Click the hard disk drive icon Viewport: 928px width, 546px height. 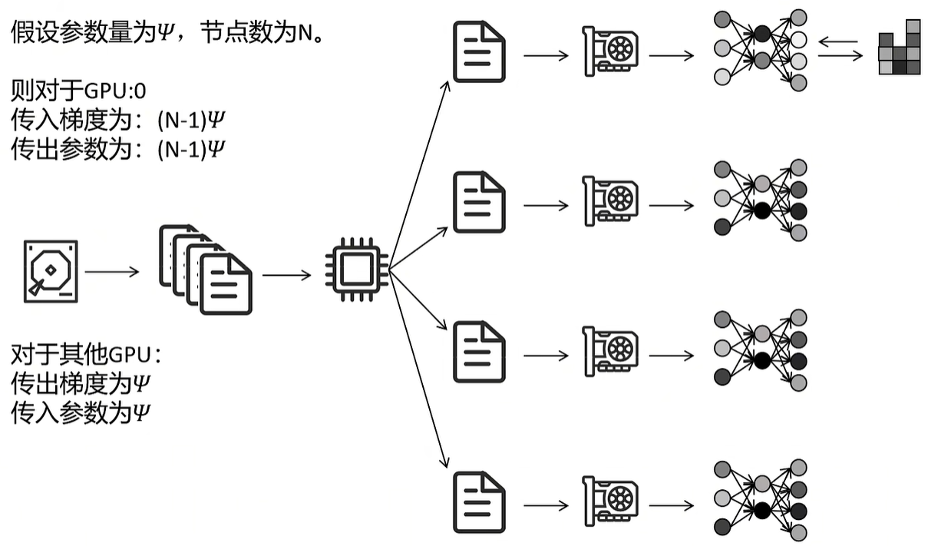51,270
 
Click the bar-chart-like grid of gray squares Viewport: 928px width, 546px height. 899,48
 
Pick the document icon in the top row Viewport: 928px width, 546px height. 479,51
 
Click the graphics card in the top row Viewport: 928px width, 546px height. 610,51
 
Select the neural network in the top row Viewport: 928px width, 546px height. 760,49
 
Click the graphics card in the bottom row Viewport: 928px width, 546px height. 610,503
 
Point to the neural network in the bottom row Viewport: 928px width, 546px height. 760,501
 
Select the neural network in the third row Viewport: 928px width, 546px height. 760,350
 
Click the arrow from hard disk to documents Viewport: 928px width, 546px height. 112,271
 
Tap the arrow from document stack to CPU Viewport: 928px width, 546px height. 286,273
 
